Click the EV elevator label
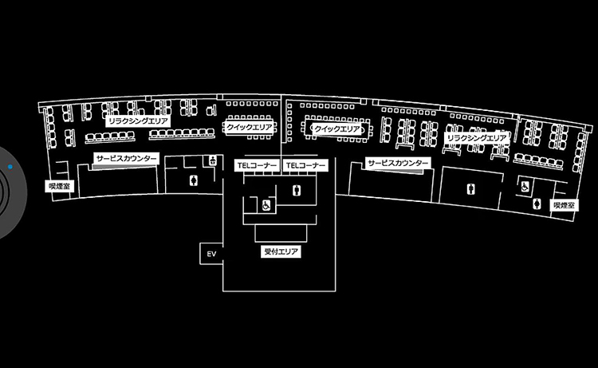(x=211, y=254)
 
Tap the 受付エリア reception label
(x=281, y=251)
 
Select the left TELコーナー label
(x=257, y=164)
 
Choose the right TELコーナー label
(x=306, y=164)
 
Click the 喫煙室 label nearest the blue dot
(x=60, y=185)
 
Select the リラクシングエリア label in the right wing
(x=476, y=138)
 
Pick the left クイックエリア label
(x=249, y=126)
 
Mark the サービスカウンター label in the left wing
(x=126, y=159)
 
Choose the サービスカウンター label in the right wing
(x=397, y=163)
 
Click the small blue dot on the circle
(x=10, y=167)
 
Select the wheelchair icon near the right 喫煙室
(x=525, y=186)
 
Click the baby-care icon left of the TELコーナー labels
(x=213, y=160)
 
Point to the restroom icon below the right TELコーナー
(x=297, y=190)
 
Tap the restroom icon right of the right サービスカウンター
(x=468, y=189)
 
